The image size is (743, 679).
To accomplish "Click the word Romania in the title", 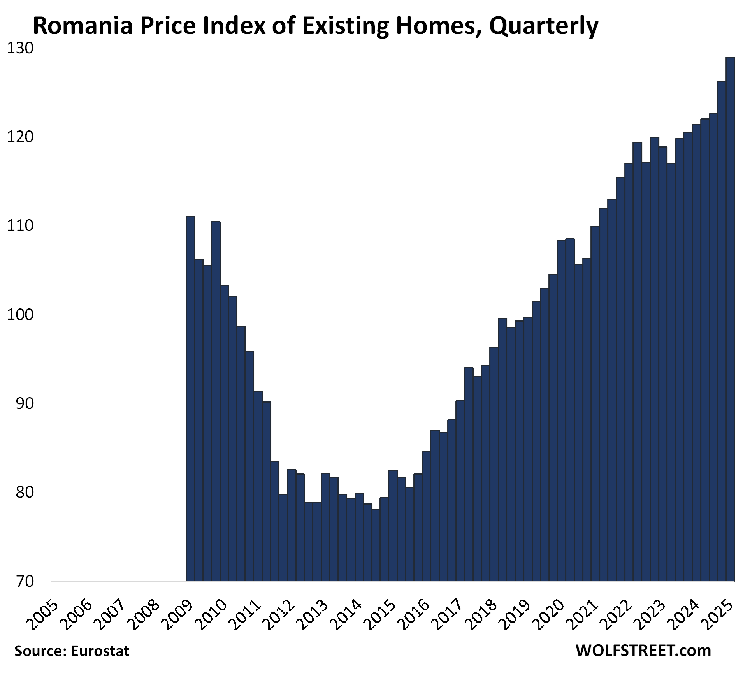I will point(83,26).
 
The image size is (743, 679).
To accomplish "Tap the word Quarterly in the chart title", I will point(544,26).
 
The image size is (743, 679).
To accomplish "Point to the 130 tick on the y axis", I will point(20,48).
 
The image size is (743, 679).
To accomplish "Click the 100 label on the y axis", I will point(20,315).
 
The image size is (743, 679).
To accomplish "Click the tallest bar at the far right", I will point(730,319).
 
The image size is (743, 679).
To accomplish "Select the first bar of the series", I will point(190,399).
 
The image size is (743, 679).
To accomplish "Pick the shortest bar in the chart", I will point(376,545).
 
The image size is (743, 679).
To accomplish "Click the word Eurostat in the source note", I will point(100,651).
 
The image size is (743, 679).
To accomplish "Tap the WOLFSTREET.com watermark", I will point(643,651).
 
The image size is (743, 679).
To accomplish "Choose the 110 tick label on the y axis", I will point(20,226).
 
